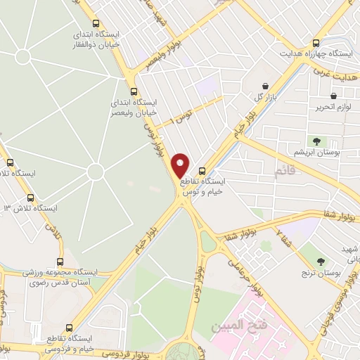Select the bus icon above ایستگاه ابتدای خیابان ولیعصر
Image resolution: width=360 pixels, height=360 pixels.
pyautogui.click(x=134, y=91)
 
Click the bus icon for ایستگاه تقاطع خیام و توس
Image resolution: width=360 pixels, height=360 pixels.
pyautogui.click(x=202, y=171)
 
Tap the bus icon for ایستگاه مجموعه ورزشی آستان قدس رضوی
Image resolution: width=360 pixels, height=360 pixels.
pyautogui.click(x=60, y=262)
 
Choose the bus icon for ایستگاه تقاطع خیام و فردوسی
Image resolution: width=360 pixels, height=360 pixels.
pyautogui.click(x=68, y=327)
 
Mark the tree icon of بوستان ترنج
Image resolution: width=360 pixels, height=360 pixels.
pyautogui.click(x=321, y=261)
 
